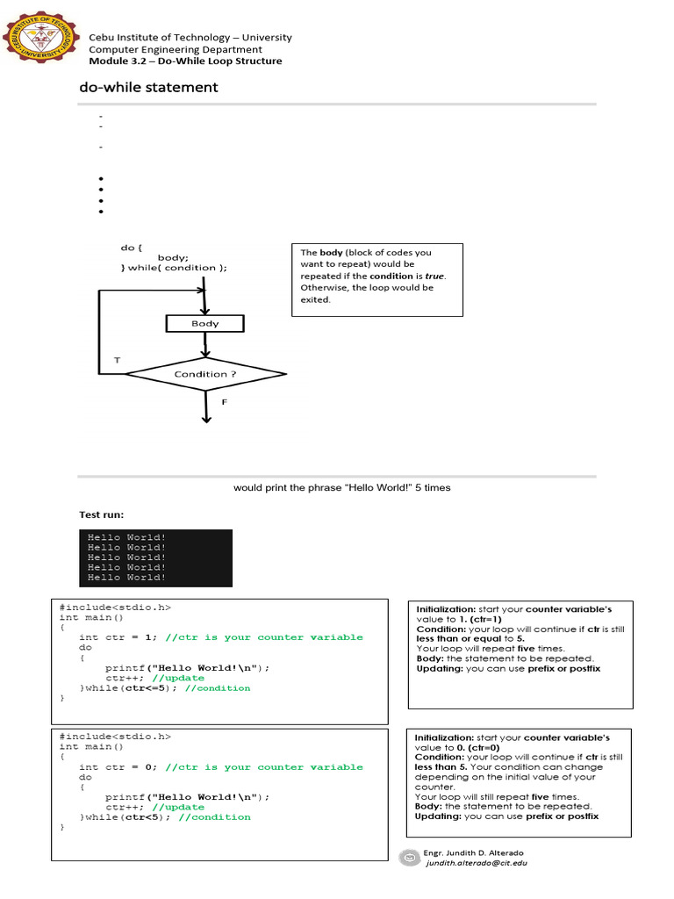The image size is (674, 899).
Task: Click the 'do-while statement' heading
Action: [148, 87]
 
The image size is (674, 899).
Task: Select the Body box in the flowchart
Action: [205, 324]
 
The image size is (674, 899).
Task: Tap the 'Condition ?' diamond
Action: [205, 374]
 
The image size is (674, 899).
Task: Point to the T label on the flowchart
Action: [118, 361]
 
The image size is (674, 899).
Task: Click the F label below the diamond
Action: [225, 401]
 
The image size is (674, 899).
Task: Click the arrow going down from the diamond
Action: [206, 407]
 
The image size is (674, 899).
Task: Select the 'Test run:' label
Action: [101, 514]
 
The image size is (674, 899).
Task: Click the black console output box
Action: [156, 557]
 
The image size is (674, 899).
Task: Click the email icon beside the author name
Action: [408, 858]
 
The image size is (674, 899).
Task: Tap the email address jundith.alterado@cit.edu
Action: [476, 863]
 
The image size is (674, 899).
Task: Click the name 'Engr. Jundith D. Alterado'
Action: [474, 852]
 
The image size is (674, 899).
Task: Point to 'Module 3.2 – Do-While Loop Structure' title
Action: [185, 61]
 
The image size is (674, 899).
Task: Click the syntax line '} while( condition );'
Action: [174, 268]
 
